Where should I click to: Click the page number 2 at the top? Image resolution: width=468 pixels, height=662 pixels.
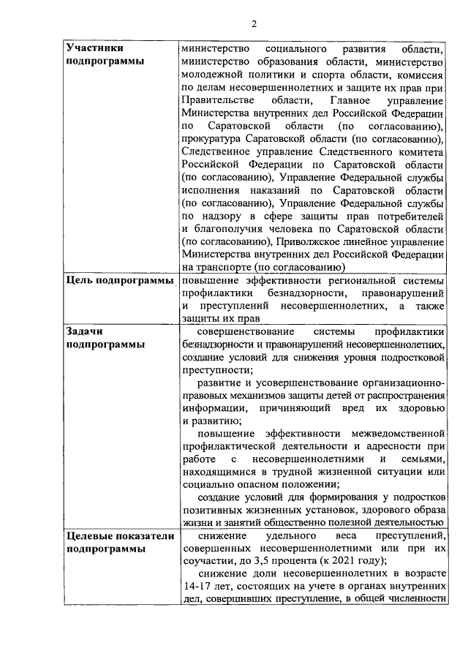click(254, 23)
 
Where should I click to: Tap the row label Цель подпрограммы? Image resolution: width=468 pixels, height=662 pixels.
click(119, 280)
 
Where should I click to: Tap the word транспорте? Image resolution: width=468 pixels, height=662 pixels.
click(224, 267)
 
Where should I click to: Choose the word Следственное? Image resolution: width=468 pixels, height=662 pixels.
click(217, 151)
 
